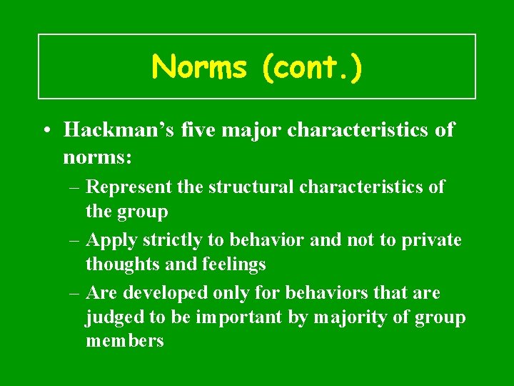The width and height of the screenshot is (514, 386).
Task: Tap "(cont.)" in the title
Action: pos(312,67)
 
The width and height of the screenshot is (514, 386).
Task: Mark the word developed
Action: pos(152,293)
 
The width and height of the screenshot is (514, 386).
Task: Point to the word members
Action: pos(125,341)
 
